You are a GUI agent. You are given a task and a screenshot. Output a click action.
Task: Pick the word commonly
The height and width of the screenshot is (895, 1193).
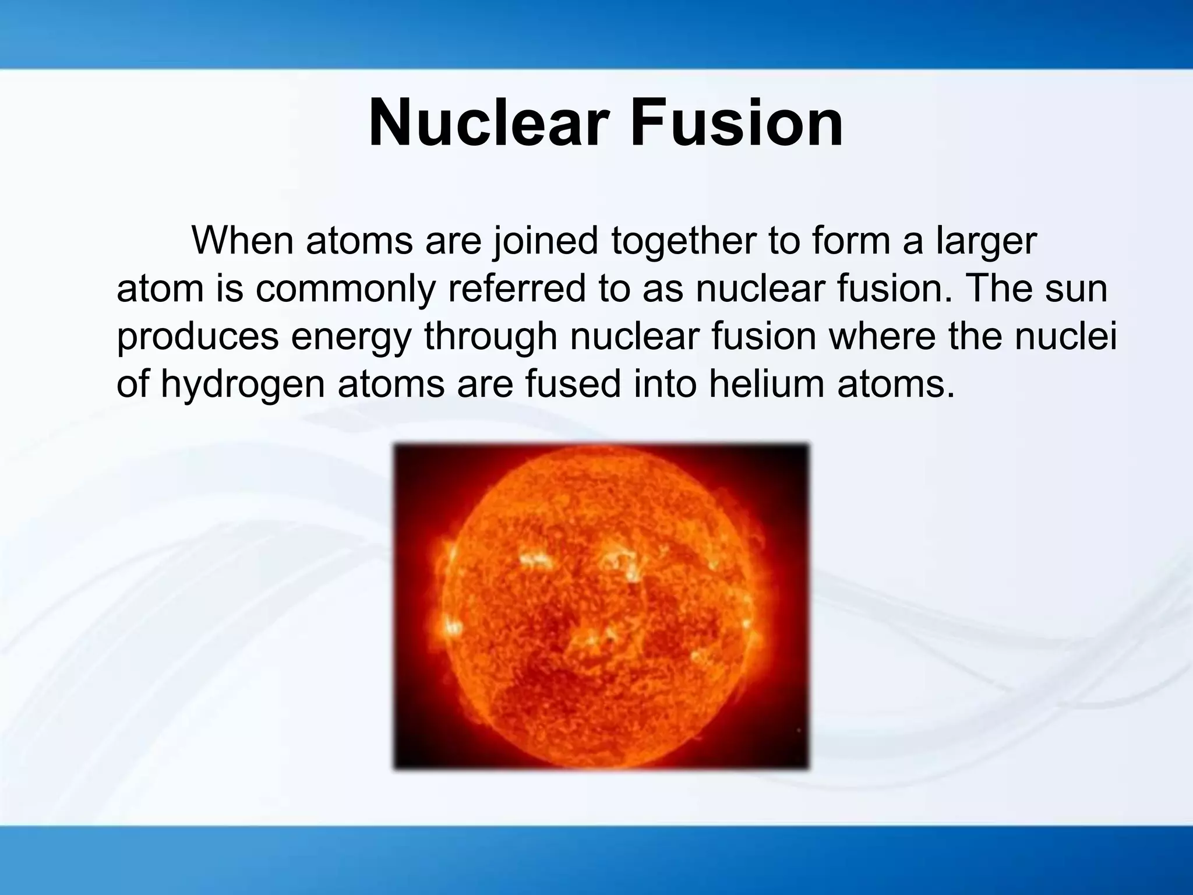click(x=345, y=290)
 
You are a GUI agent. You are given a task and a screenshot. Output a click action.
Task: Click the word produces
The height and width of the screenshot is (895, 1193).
click(x=197, y=339)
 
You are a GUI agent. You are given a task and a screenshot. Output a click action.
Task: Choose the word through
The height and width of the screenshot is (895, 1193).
click(x=491, y=339)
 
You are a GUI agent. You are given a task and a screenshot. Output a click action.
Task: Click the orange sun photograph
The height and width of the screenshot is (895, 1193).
click(x=601, y=606)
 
